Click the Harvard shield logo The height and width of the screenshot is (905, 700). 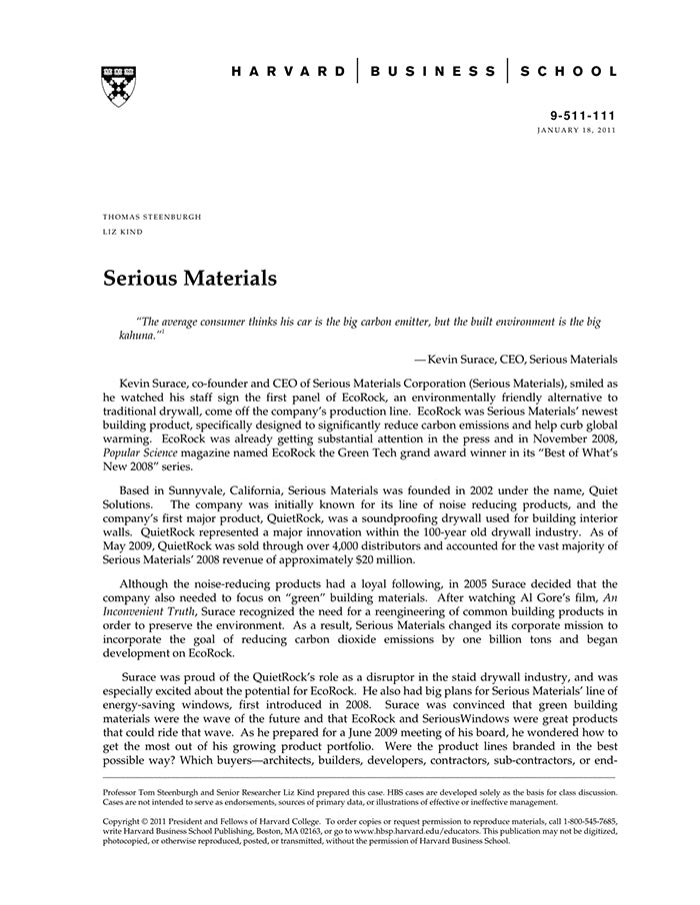119,86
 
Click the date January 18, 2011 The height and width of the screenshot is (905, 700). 577,131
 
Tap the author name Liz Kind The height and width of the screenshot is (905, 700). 123,232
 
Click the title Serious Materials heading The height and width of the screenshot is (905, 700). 190,278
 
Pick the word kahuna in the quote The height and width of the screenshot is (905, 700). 136,336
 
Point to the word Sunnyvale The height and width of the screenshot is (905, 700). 201,490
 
